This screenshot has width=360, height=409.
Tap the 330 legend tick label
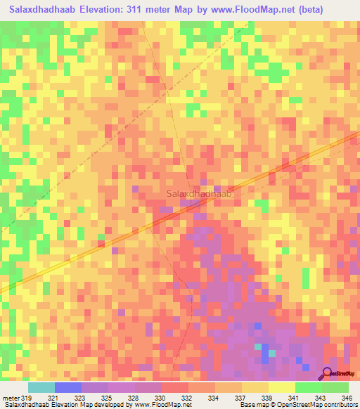pyautogui.click(x=162, y=397)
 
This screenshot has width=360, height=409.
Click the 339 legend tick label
pyautogui.click(x=269, y=397)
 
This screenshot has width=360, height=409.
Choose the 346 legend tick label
pyautogui.click(x=347, y=397)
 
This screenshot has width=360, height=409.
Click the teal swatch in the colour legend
pyautogui.click(x=41, y=387)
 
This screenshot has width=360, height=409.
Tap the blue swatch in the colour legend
pyautogui.click(x=68, y=387)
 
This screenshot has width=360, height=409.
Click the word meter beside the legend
pyautogui.click(x=10, y=397)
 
